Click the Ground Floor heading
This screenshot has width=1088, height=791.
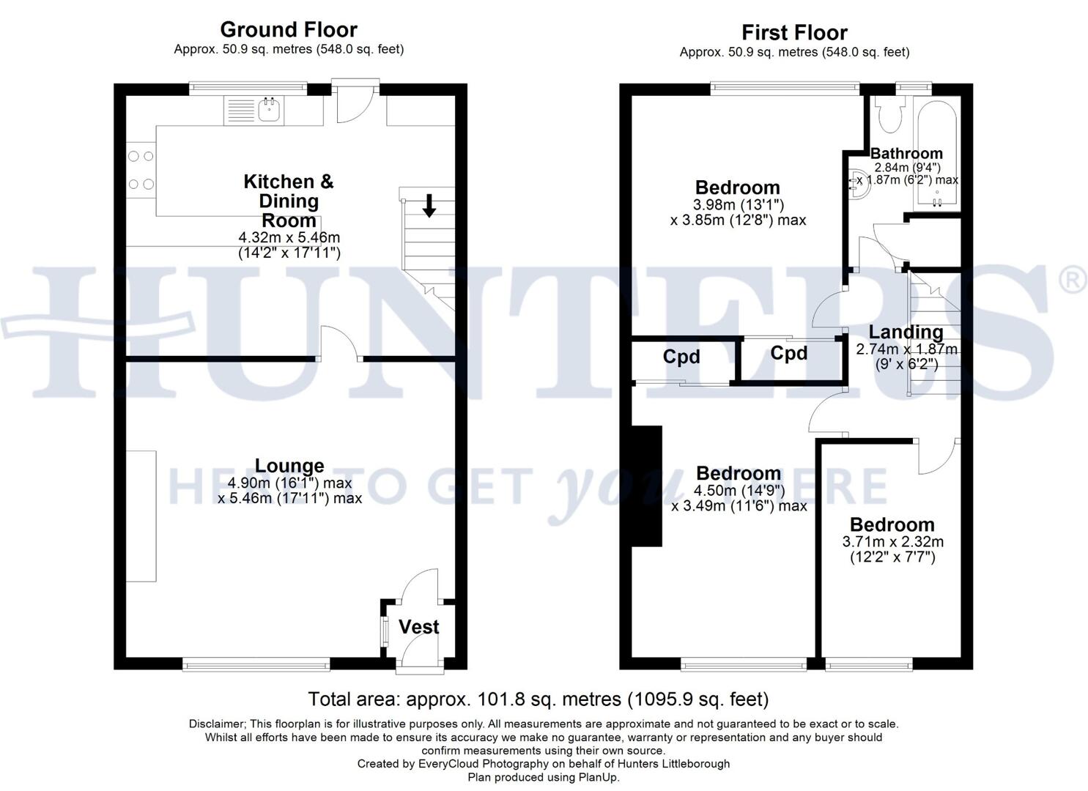tap(289, 30)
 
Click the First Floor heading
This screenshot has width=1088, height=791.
tap(794, 33)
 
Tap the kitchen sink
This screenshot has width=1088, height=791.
tap(269, 111)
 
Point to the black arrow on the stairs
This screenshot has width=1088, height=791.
tap(429, 205)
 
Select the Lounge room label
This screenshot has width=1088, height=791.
tap(289, 466)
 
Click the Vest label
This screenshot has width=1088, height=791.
tap(418, 627)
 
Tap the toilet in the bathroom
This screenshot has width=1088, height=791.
tap(889, 114)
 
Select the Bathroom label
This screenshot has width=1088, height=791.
tap(906, 153)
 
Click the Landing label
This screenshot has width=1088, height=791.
tap(906, 333)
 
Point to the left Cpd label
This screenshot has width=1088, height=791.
tap(681, 357)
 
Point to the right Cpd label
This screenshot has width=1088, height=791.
tap(789, 354)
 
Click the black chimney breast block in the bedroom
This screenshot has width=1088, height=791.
tap(647, 486)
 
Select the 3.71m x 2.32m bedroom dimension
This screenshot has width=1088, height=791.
tap(892, 542)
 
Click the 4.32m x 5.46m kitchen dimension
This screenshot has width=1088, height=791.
tap(289, 238)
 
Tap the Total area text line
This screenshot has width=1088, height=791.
tap(538, 699)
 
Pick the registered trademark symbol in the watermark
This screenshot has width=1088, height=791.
tap(1073, 281)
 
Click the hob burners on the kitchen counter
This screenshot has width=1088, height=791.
tap(141, 170)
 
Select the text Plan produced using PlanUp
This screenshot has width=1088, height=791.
tap(543, 777)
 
